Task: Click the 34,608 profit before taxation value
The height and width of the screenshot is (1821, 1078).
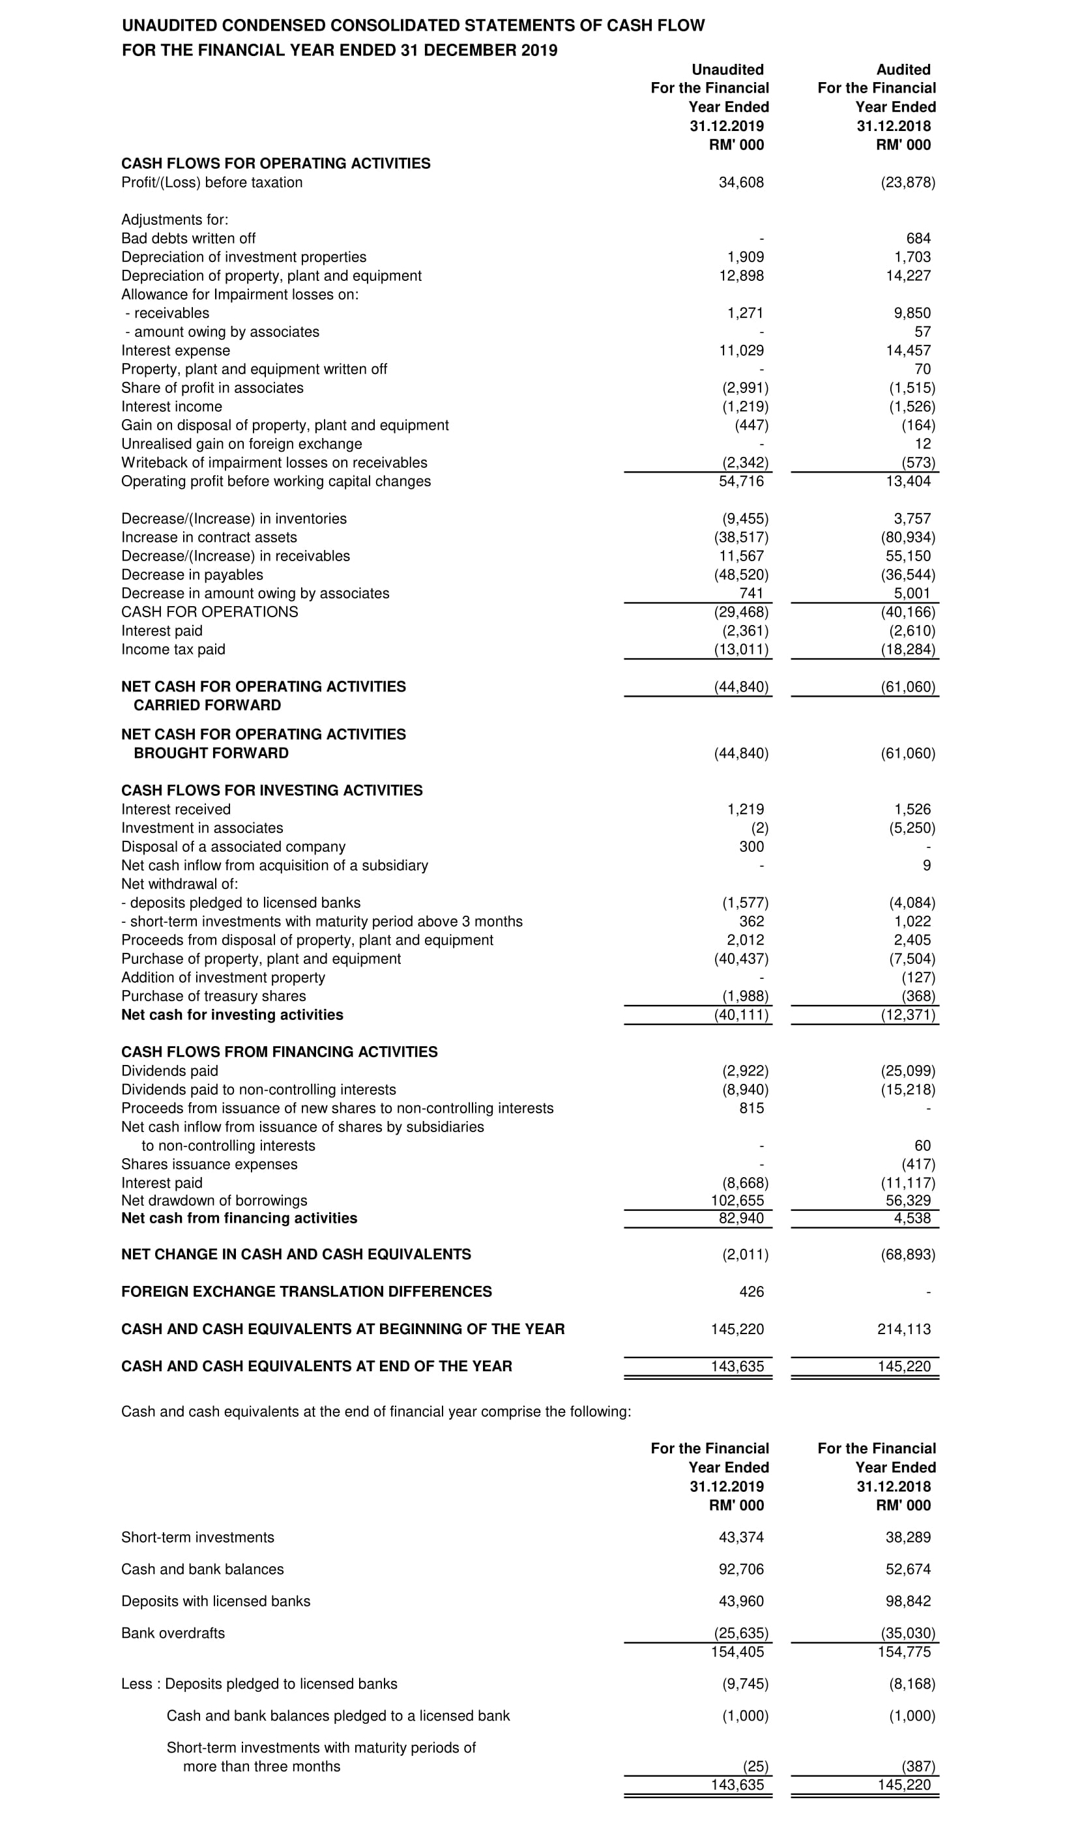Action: point(741,182)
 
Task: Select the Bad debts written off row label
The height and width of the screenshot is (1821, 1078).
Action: point(188,239)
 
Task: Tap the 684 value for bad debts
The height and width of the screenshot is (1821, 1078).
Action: point(918,239)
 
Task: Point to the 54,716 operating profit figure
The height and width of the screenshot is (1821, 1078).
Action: point(741,482)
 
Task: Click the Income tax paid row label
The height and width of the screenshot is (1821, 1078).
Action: point(173,649)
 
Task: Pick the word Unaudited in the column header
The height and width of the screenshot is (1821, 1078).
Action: point(727,70)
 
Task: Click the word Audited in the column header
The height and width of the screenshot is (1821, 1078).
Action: point(903,70)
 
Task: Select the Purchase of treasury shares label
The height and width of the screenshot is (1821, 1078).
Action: point(214,996)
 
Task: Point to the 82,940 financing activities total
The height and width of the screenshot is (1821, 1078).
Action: point(741,1218)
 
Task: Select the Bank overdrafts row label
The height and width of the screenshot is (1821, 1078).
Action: point(173,1633)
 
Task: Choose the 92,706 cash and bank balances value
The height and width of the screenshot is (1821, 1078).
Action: point(741,1569)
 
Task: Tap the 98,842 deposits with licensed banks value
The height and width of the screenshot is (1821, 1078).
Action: point(908,1601)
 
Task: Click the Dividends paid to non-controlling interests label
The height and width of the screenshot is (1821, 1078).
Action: point(259,1090)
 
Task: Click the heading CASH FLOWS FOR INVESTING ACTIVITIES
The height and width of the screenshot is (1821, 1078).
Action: point(272,791)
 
